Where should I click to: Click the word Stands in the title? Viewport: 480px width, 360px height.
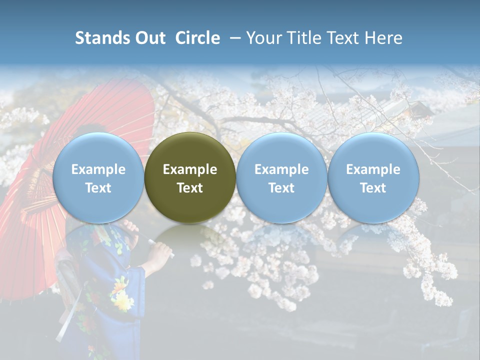tap(102, 38)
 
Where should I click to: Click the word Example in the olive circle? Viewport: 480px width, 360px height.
tap(190, 169)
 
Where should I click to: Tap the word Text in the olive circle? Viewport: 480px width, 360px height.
tap(190, 188)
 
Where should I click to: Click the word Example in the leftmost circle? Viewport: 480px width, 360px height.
tap(98, 169)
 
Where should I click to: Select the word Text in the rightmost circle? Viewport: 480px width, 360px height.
tap(373, 188)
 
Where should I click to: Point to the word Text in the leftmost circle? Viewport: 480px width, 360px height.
tap(98, 188)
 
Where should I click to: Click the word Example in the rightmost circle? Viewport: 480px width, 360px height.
tap(373, 169)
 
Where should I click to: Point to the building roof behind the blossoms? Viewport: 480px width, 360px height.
tap(400, 112)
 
